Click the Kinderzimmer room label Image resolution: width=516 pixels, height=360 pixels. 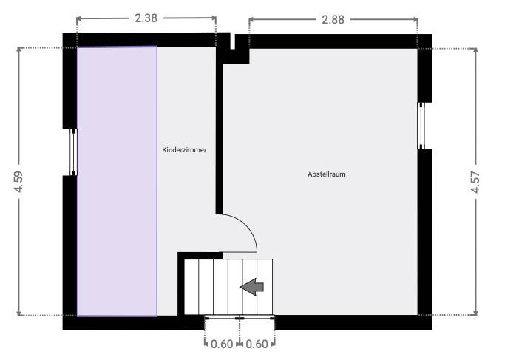(184, 150)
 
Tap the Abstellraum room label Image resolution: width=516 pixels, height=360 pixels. (327, 174)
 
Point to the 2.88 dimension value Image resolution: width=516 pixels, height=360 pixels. (333, 18)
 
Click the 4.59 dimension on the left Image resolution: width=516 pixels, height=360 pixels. (19, 182)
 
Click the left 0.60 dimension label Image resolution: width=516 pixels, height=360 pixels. (222, 343)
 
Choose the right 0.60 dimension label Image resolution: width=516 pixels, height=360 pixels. (257, 343)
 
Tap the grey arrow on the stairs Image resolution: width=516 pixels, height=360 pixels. (253, 287)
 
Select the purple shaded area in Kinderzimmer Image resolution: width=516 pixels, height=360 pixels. (117, 181)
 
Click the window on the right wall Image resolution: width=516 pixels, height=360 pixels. (422, 126)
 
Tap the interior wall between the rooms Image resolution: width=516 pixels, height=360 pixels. (219, 133)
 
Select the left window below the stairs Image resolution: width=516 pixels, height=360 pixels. (222, 318)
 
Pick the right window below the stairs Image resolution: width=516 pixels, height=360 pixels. (257, 318)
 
